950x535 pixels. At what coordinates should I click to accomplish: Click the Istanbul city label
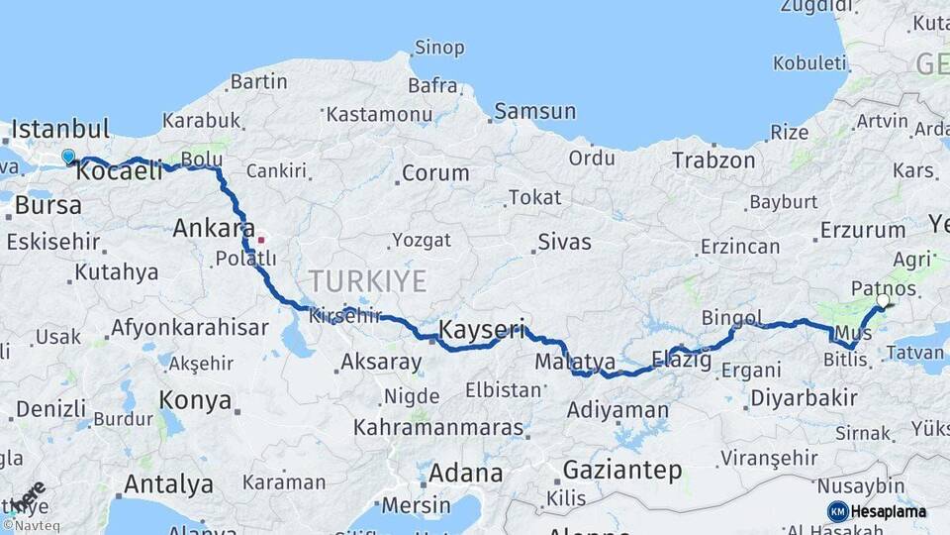pos(61,129)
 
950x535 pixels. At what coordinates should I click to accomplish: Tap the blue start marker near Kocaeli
pos(68,157)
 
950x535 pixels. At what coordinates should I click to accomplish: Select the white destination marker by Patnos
pos(884,299)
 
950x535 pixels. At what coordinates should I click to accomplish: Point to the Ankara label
pos(214,228)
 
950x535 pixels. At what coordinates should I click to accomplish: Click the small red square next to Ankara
pos(261,239)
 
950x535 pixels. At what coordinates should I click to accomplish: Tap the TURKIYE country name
pos(367,281)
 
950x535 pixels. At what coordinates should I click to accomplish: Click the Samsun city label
pos(534,111)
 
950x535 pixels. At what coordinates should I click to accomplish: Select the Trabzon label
pos(713,160)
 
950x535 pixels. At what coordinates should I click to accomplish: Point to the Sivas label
pos(564,242)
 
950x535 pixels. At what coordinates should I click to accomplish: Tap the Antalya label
pos(168,484)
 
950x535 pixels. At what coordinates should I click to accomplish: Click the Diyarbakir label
pos(804,397)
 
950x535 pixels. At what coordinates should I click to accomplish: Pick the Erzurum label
pos(863,231)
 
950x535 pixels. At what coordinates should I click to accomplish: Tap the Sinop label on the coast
pos(438,47)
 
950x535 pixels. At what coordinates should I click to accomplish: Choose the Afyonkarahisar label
pos(189,327)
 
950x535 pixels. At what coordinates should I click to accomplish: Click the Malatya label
pos(575,362)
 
